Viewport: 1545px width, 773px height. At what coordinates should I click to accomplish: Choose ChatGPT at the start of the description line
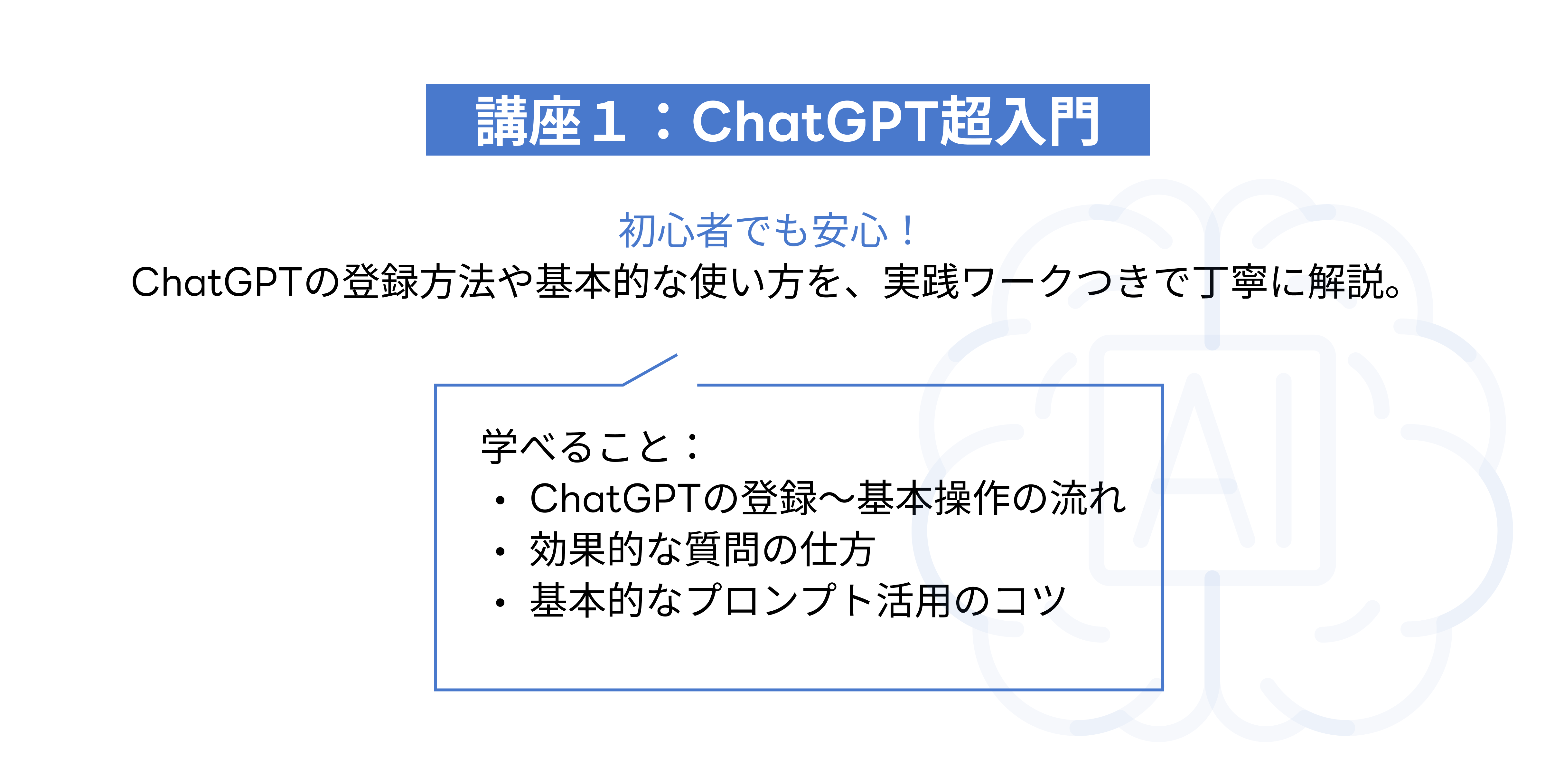(216, 282)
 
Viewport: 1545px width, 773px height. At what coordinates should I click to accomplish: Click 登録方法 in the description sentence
(419, 282)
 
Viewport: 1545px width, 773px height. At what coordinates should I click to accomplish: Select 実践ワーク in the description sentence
(979, 282)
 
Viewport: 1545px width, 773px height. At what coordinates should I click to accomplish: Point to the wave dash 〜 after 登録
(837, 498)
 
